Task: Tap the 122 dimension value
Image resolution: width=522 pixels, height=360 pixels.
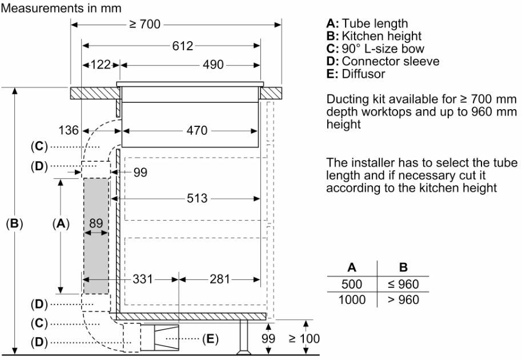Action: [x=101, y=65]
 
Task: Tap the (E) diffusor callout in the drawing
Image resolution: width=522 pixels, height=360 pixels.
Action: [x=210, y=339]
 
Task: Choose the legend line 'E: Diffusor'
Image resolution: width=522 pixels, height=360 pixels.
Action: [x=355, y=74]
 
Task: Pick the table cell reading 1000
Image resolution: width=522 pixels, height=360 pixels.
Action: [x=352, y=299]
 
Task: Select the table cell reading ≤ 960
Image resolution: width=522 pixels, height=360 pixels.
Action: [x=403, y=285]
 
